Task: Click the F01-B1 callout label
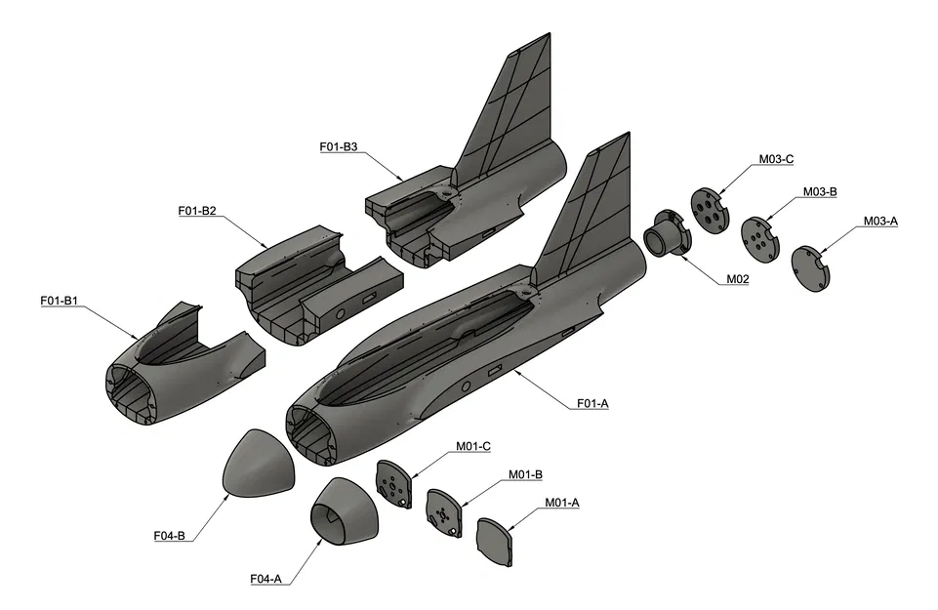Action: tap(59, 301)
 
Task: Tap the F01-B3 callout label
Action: tap(339, 147)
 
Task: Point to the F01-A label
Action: tap(592, 403)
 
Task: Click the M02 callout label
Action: tap(737, 279)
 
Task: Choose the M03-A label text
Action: tap(880, 222)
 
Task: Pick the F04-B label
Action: tap(170, 535)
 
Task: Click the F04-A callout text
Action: tap(265, 579)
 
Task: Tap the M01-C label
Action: tap(473, 446)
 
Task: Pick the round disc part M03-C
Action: tap(711, 209)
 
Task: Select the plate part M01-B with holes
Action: tap(444, 510)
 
